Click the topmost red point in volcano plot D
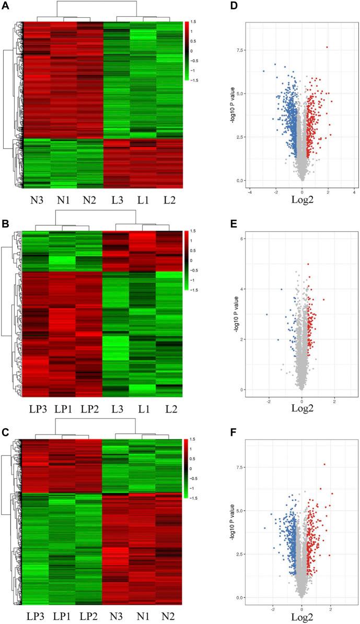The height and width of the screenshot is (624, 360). coord(327,47)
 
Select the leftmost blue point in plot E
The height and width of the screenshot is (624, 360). coord(267,314)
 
